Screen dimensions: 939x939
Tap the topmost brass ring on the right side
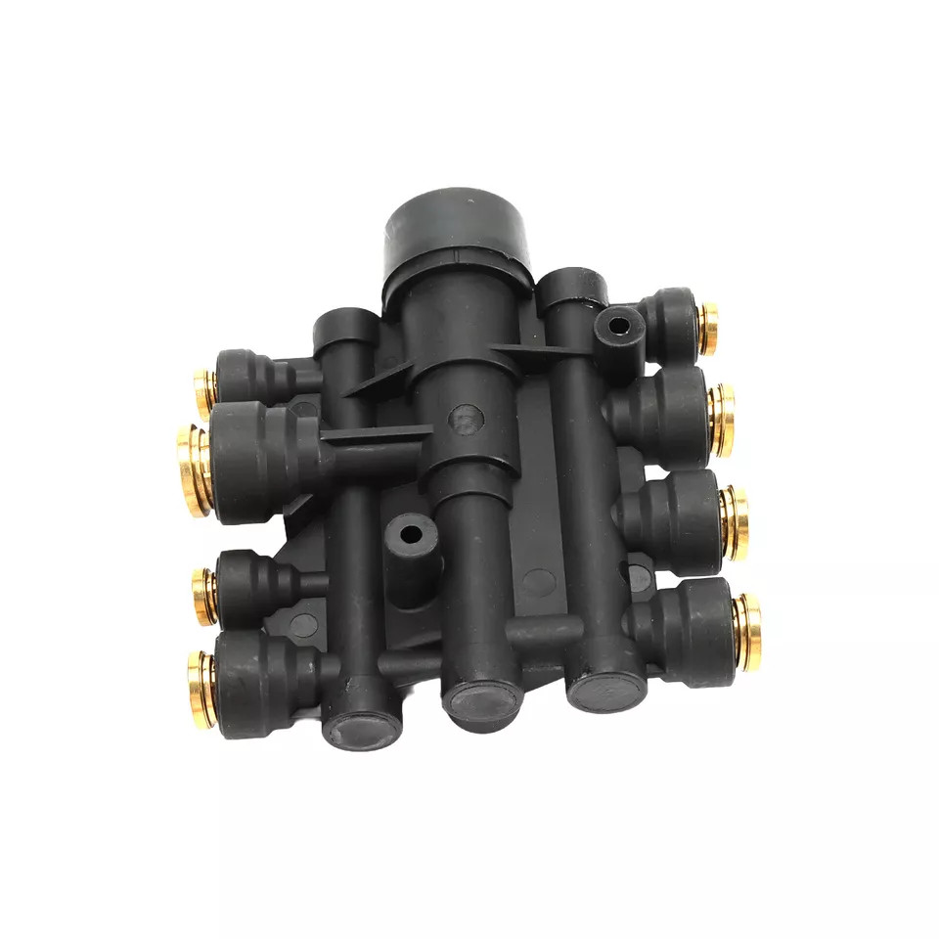707,329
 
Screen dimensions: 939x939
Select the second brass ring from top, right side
723,419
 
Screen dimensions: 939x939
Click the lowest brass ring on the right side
747,630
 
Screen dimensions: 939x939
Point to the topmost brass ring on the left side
204,392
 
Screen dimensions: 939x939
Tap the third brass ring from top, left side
204,595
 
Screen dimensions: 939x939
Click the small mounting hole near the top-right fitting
618,325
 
